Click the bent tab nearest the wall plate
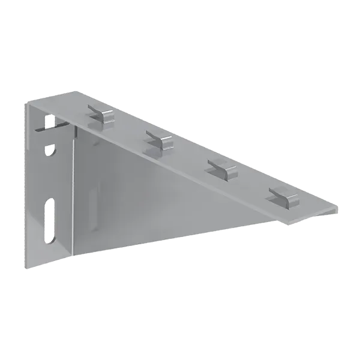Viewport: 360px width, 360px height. (x=101, y=112)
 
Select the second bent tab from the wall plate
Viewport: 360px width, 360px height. (x=159, y=140)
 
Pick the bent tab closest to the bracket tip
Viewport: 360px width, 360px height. (x=284, y=194)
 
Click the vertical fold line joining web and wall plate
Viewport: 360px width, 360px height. (x=74, y=192)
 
